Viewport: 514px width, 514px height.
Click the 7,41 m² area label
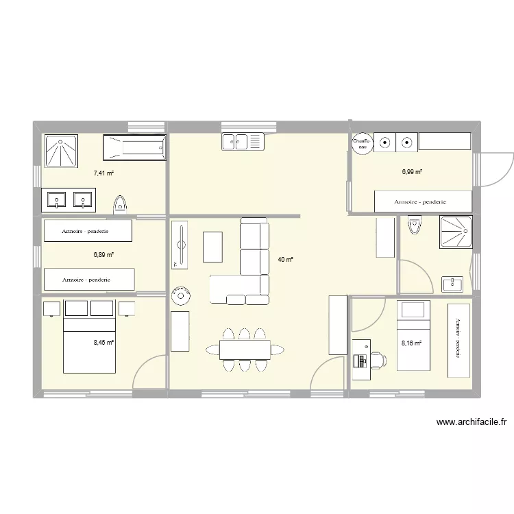103,173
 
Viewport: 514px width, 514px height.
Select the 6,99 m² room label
412,172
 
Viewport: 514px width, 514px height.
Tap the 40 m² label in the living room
285,260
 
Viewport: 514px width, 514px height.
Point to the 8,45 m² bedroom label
103,342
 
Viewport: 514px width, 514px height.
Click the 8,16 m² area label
411,344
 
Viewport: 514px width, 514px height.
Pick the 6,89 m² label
103,254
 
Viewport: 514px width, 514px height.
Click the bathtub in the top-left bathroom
134,148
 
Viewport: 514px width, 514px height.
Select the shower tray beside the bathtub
61,150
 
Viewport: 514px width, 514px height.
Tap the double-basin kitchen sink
243,142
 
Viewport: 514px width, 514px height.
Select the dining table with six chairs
244,350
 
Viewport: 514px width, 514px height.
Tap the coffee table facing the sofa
213,247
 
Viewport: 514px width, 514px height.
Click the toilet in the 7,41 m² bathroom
121,203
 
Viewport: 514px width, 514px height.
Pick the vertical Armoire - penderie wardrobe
459,341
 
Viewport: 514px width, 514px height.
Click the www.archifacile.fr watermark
475,423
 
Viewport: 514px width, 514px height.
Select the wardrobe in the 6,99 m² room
423,201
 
